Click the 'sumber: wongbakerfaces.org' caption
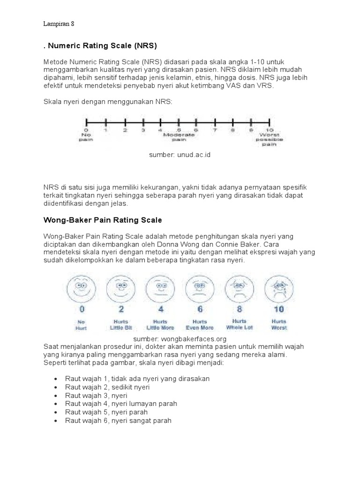coord(180,338)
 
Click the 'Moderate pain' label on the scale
coord(179,137)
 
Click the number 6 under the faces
coord(200,309)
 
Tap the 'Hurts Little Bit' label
coord(121,324)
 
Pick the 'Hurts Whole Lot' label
coord(240,324)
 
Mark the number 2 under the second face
coord(121,309)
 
